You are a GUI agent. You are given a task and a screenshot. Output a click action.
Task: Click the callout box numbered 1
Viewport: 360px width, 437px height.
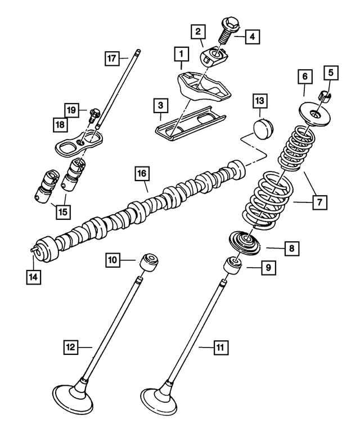tap(181, 54)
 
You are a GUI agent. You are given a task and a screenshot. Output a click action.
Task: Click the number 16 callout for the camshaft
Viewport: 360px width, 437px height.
tap(140, 174)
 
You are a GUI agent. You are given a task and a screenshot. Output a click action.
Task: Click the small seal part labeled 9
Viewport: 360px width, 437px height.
tap(232, 264)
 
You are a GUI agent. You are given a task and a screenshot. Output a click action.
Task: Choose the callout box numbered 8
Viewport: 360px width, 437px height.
tap(291, 247)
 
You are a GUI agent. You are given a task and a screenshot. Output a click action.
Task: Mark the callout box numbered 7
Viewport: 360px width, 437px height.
tap(318, 202)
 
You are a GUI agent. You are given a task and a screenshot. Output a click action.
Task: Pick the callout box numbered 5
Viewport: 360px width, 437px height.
tap(330, 72)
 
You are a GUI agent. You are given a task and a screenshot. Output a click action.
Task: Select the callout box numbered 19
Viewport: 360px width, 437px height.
tap(71, 109)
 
